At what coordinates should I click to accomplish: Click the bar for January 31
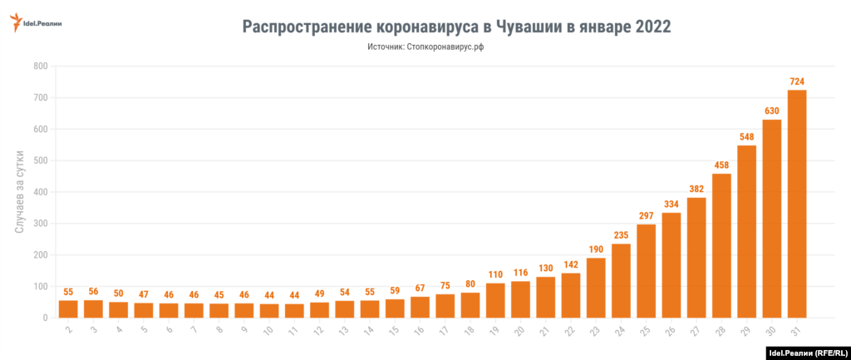(x=796, y=204)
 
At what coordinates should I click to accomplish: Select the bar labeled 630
(x=771, y=219)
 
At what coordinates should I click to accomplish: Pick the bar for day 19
(x=495, y=300)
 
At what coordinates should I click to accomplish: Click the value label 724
(x=796, y=81)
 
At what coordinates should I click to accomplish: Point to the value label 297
(x=646, y=216)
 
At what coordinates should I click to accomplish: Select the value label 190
(x=596, y=249)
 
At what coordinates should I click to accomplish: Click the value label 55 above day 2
(x=68, y=292)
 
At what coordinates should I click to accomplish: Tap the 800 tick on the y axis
(x=40, y=66)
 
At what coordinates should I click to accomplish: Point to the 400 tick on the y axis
(x=40, y=192)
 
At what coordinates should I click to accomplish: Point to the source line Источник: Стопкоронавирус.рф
(x=425, y=47)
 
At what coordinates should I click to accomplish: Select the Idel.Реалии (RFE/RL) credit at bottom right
(x=805, y=352)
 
